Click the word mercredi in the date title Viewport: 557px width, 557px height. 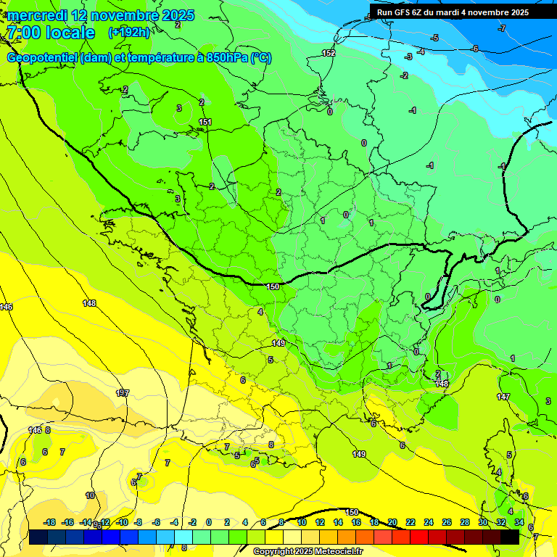click(x=37, y=15)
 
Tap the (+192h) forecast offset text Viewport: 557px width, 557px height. click(x=129, y=33)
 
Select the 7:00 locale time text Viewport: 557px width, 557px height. click(x=51, y=33)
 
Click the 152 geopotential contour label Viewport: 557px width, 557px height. click(x=329, y=53)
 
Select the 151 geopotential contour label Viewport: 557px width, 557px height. click(x=205, y=122)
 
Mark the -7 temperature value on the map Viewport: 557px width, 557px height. click(x=502, y=28)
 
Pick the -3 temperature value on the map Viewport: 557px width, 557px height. click(x=409, y=57)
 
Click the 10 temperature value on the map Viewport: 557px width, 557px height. click(x=90, y=495)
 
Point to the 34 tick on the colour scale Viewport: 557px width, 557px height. click(x=519, y=522)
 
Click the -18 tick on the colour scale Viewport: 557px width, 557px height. click(x=50, y=522)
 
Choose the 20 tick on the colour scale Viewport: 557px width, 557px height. click(x=392, y=522)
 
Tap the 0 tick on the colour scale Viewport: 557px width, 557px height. click(x=209, y=522)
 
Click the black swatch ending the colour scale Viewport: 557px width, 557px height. click(x=510, y=537)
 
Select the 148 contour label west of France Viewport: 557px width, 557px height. click(x=89, y=303)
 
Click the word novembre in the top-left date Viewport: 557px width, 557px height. click(x=116, y=15)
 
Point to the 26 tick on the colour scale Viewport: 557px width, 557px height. click(x=447, y=522)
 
